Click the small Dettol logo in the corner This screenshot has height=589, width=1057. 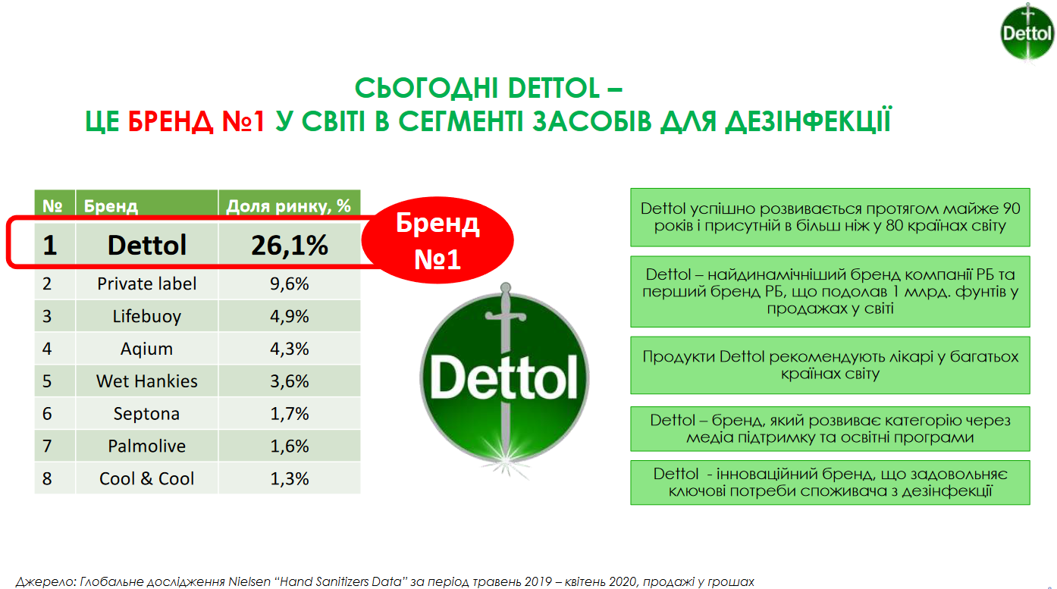tap(1027, 33)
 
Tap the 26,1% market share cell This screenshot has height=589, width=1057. tap(289, 245)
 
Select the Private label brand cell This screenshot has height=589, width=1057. tap(147, 284)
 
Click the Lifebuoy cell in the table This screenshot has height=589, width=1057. tap(147, 316)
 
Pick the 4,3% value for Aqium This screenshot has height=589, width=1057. tap(289, 349)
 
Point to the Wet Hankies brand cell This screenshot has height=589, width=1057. tap(147, 381)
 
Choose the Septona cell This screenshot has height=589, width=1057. tap(147, 414)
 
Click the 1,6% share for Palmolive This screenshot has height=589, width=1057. tap(289, 446)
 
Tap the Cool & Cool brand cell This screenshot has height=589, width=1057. tap(147, 478)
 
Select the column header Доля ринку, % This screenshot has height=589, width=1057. tap(289, 205)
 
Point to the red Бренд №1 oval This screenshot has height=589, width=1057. tap(438, 240)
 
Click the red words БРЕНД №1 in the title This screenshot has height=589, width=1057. tap(197, 121)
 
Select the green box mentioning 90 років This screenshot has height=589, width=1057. tap(830, 218)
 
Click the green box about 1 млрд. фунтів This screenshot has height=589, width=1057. tap(830, 291)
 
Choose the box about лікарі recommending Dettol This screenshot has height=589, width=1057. tap(830, 365)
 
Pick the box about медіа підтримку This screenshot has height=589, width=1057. tap(830, 428)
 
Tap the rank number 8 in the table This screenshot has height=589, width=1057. tap(47, 478)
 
